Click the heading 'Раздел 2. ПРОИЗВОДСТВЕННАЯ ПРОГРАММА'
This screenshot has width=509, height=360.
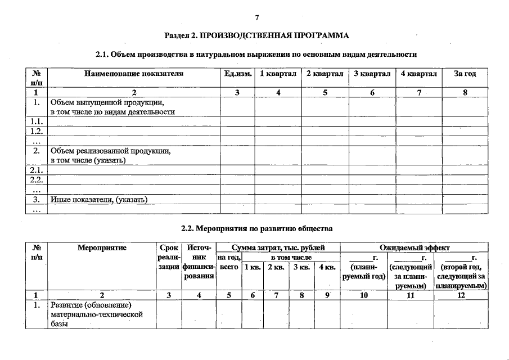tap(256, 35)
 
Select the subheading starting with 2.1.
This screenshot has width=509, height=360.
tap(256, 55)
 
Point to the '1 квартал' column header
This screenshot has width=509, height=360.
tap(277, 74)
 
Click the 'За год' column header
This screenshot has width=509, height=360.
tap(465, 74)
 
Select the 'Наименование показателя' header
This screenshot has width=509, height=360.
tap(134, 74)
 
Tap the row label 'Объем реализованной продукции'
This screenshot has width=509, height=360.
tap(110, 151)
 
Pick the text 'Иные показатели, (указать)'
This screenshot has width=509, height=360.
tap(98, 199)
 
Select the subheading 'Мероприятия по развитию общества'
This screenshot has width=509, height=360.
tap(256, 229)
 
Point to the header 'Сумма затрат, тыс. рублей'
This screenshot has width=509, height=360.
tap(278, 247)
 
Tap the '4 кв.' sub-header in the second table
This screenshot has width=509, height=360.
tap(327, 267)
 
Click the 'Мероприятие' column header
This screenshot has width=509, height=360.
tap(102, 247)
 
